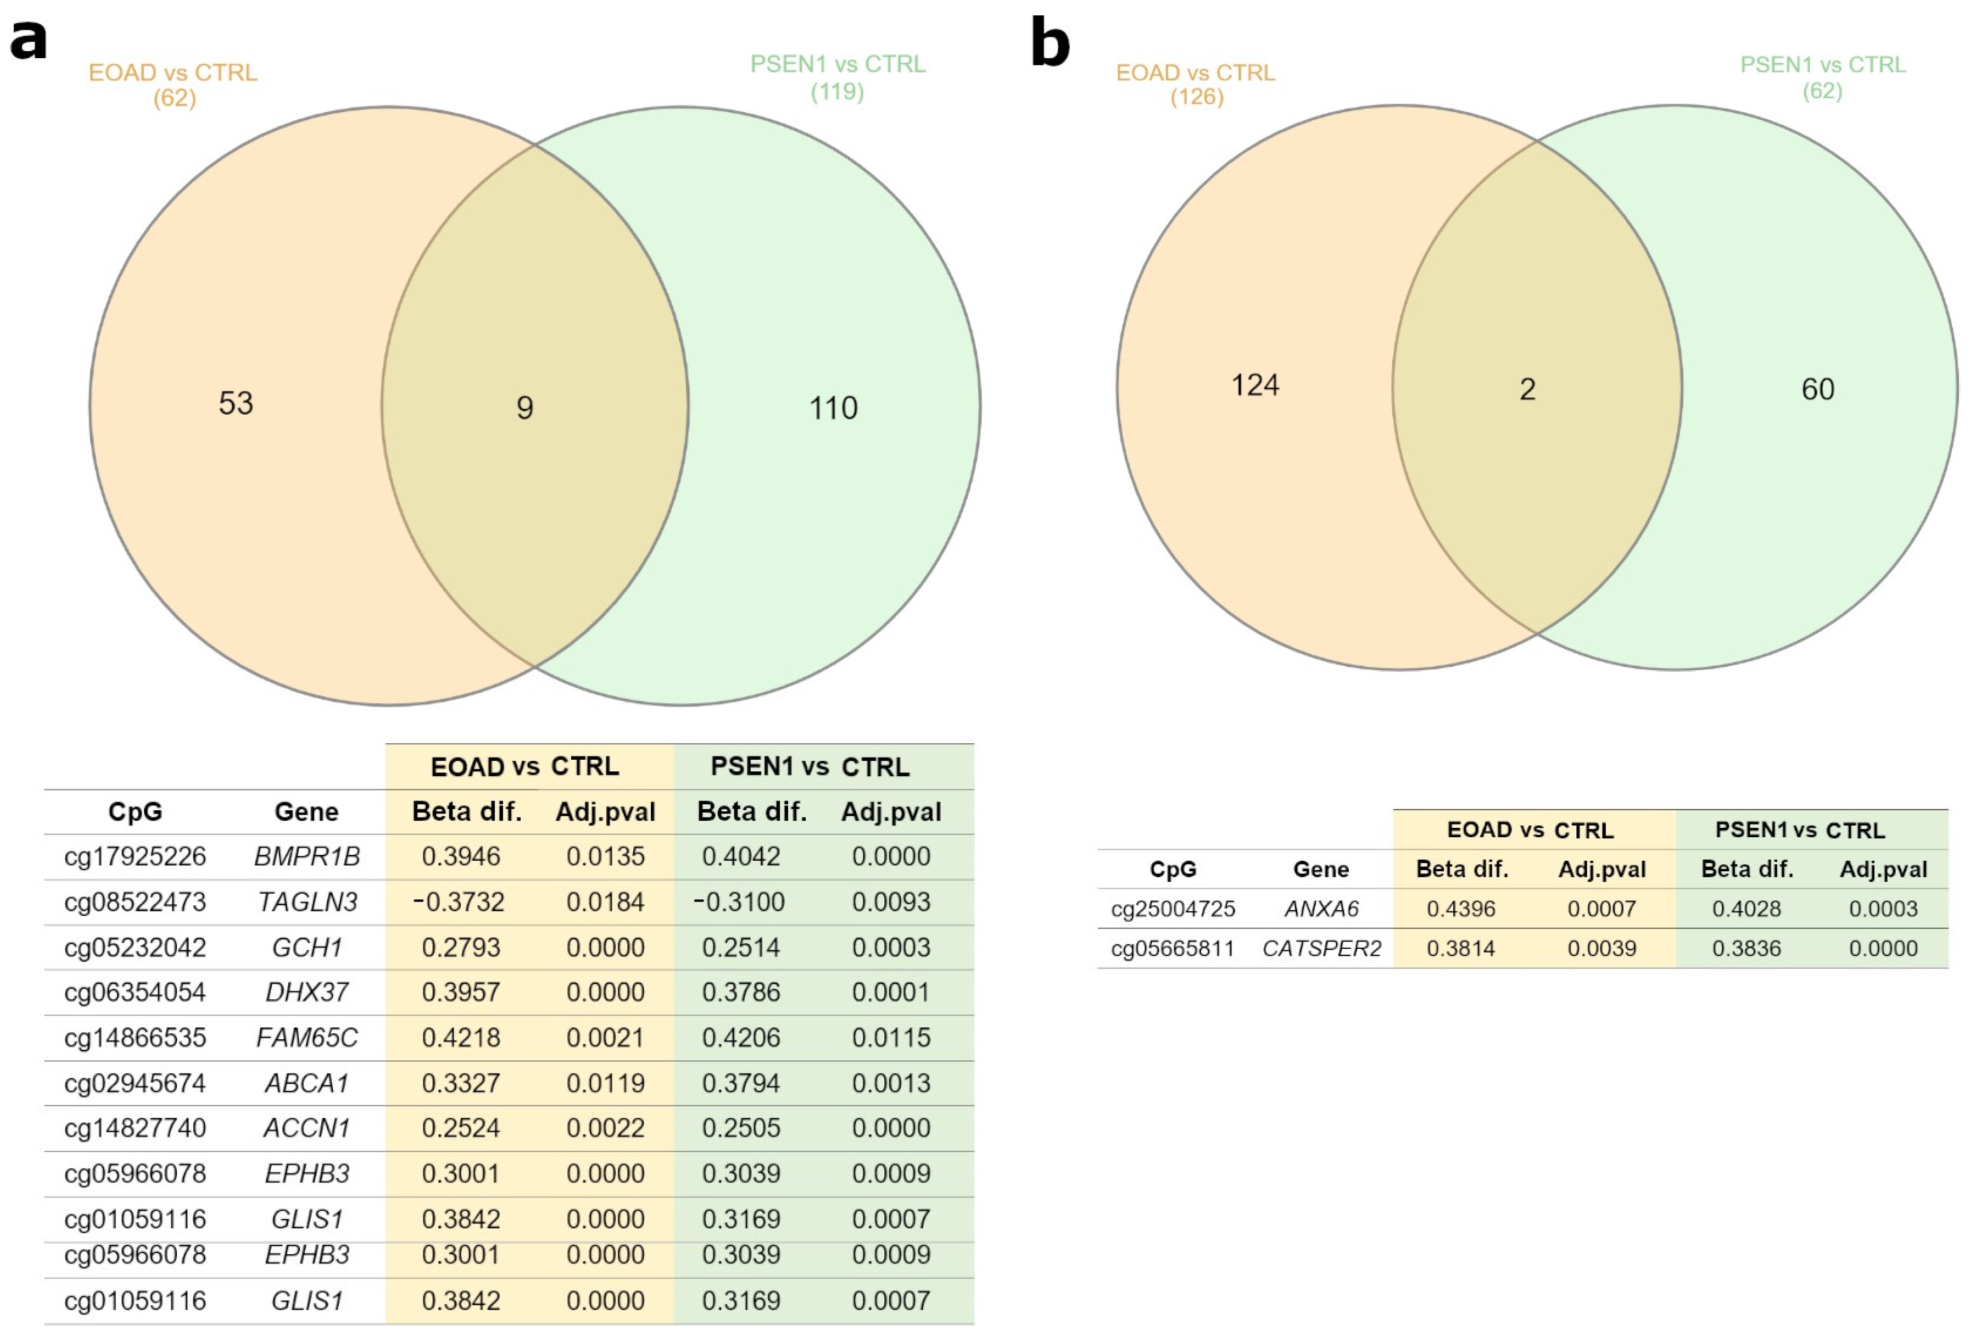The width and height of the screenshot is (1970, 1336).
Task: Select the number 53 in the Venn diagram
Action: point(236,403)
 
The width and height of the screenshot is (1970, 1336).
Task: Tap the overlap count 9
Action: point(524,408)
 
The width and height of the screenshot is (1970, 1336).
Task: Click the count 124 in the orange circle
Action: point(1254,386)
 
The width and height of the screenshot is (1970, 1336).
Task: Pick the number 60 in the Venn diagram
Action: point(1817,389)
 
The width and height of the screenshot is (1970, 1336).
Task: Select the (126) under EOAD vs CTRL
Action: point(1196,97)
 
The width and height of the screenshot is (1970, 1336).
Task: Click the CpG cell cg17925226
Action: point(135,856)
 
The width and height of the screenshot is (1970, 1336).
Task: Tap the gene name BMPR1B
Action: point(307,856)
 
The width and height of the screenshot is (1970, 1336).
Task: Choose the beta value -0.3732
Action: point(459,902)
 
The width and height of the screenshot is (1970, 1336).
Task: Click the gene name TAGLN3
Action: point(307,902)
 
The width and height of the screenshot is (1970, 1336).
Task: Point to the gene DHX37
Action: point(307,992)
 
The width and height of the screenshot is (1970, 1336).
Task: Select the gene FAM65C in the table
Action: point(307,1038)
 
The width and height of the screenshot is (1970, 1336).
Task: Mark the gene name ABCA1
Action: point(307,1083)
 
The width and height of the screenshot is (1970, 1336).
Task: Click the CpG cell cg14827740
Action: point(135,1128)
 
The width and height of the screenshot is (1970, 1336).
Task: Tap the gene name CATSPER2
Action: point(1321,949)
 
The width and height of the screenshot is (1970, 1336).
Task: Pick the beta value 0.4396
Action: point(1460,909)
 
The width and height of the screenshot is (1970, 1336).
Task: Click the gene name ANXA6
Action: point(1321,909)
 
